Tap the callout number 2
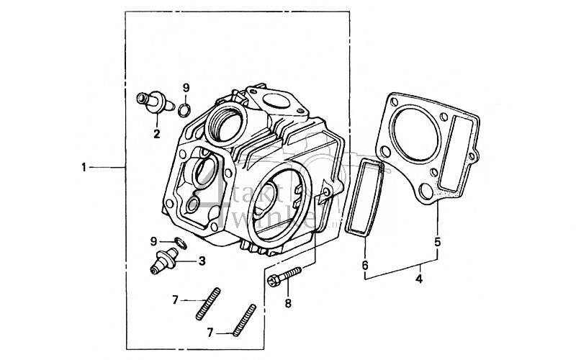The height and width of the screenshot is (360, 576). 156,133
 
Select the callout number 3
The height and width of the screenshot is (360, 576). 203,261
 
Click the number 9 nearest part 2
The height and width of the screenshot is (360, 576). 185,87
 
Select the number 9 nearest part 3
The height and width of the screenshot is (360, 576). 153,240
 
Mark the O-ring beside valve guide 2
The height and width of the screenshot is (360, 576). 184,109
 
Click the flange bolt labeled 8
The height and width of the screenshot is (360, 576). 287,276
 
